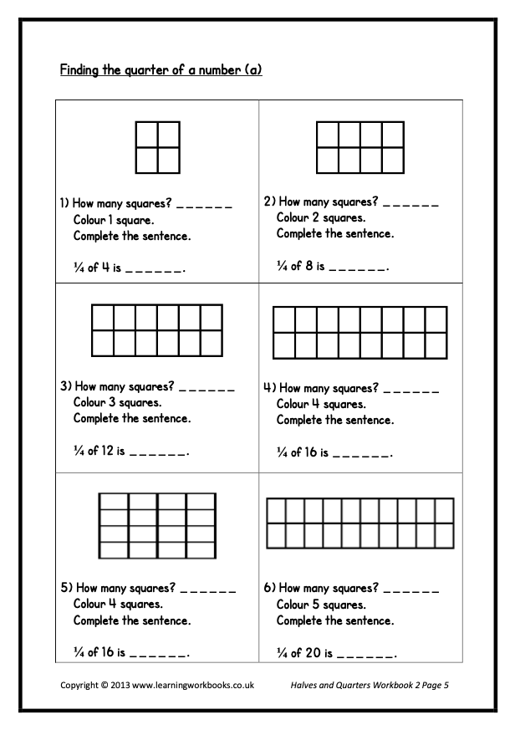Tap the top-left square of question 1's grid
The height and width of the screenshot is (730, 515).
146,135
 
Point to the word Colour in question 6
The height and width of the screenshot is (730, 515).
294,604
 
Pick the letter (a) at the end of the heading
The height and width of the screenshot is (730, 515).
253,70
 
